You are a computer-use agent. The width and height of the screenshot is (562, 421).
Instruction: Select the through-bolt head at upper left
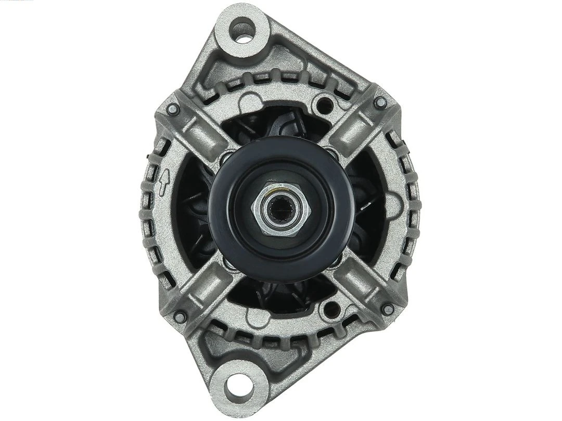coord(173,110)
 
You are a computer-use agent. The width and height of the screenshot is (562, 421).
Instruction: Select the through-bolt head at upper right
coord(380,102)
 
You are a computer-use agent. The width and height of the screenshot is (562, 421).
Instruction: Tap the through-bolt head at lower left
coord(180,316)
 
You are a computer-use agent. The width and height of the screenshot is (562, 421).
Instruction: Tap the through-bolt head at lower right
coord(387,309)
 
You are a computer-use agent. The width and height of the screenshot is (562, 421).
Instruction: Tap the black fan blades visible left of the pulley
coord(193,208)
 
